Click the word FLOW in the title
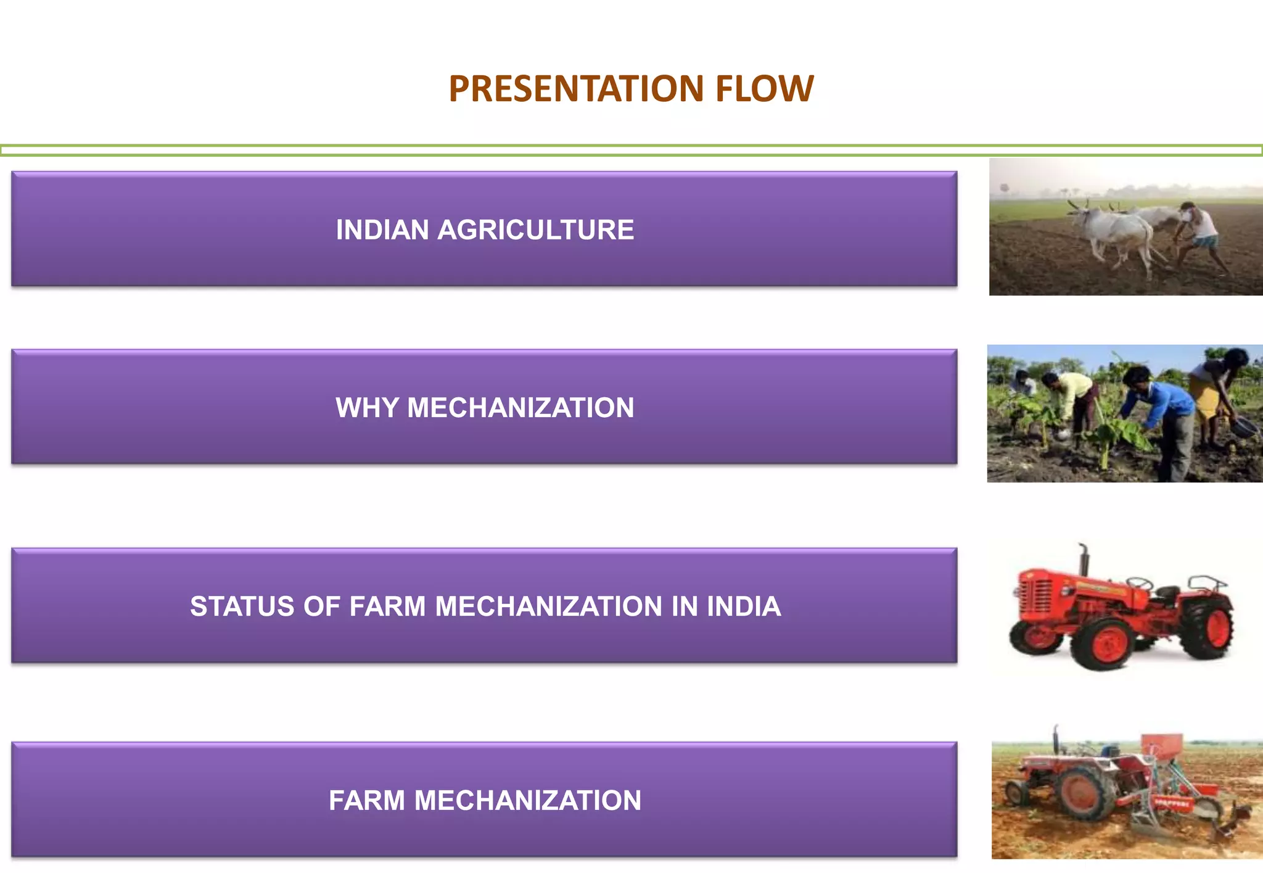[765, 88]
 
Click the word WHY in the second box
[366, 407]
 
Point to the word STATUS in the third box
[242, 606]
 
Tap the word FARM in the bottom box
[366, 800]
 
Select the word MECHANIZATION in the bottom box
[527, 800]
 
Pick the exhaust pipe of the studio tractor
[1084, 558]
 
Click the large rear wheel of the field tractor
[1085, 793]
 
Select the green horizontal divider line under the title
[631, 150]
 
